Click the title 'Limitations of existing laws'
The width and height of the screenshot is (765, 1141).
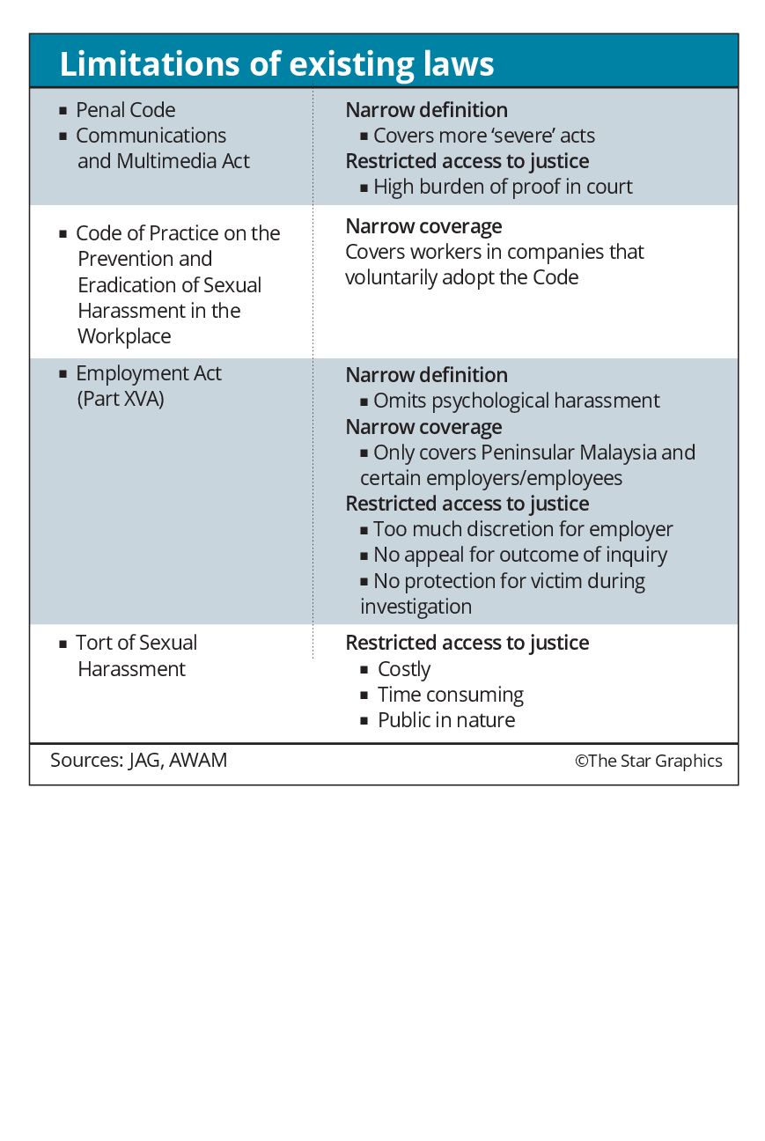[276, 64]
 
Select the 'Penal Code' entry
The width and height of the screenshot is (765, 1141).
[125, 110]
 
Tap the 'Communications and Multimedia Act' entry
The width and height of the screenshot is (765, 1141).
[151, 149]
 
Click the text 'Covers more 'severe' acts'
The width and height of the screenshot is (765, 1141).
[483, 136]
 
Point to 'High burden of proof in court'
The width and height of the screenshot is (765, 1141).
[502, 187]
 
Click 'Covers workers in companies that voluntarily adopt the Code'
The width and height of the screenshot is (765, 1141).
[494, 264]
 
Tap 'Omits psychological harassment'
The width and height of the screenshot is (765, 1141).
[516, 401]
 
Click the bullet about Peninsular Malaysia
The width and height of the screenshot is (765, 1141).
[526, 465]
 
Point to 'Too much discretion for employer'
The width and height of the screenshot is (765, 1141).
[522, 529]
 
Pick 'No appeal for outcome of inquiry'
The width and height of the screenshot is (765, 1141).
[519, 555]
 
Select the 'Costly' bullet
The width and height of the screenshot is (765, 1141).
[403, 669]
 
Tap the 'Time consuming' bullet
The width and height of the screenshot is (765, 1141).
[450, 695]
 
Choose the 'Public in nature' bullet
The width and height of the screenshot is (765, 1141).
[445, 720]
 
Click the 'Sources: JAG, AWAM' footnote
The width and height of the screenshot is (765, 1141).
[138, 761]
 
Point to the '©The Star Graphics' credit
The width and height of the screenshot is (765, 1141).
[648, 762]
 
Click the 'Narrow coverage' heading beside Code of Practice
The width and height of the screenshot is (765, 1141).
[423, 226]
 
